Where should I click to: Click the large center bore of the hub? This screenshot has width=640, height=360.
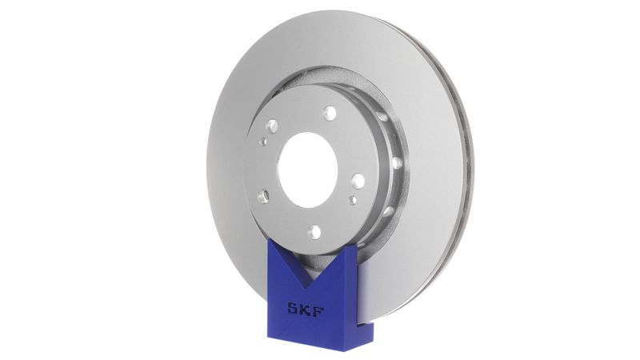point(307,166)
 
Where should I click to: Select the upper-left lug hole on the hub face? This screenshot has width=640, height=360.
point(272,126)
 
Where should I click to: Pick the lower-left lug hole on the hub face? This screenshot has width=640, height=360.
point(263,194)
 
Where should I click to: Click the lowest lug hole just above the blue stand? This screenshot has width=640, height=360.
point(314,231)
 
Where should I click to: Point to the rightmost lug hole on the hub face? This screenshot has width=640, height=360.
point(358,181)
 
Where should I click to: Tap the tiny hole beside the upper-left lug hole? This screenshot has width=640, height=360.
point(263,141)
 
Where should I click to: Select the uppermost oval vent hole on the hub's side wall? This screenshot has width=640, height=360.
point(381,117)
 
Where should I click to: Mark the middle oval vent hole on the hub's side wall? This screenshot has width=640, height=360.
point(398,163)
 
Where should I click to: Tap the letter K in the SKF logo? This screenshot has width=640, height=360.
point(306,309)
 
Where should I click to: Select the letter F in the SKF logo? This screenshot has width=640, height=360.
point(320,309)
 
